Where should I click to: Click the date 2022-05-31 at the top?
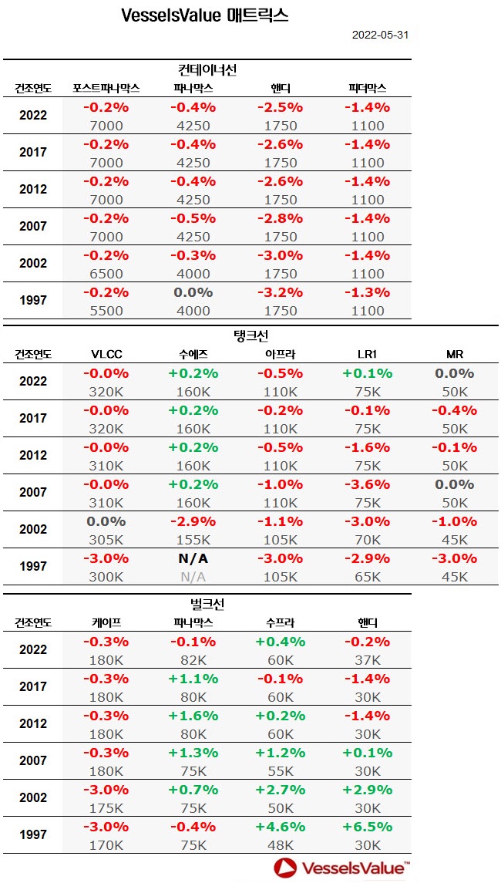coord(381,35)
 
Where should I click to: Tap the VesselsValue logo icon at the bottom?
coord(286,868)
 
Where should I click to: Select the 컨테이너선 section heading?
coord(206,70)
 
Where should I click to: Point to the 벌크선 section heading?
coord(206,604)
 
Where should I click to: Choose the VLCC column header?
coord(106,355)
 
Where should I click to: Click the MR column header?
coord(455,355)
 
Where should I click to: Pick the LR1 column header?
coord(367,355)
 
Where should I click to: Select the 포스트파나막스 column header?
coord(106,88)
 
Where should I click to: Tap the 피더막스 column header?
coord(367,88)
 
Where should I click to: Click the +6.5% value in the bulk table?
coord(367,827)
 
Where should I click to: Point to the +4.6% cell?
coord(281,827)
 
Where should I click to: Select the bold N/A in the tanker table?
coord(193,559)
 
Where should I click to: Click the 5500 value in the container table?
coord(106,311)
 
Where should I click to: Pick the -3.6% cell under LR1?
coord(367,484)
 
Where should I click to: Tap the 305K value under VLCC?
coord(106,539)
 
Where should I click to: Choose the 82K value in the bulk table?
coord(193,660)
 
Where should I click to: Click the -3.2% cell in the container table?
coord(281,292)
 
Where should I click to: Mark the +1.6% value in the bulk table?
coord(193,716)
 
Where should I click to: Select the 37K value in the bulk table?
coord(367,660)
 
